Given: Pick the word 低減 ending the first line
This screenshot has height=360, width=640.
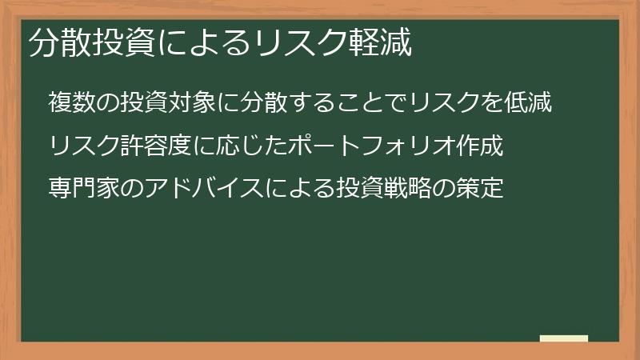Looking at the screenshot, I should [527, 103].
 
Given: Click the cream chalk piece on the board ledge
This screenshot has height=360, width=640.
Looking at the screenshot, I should [564, 339].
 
